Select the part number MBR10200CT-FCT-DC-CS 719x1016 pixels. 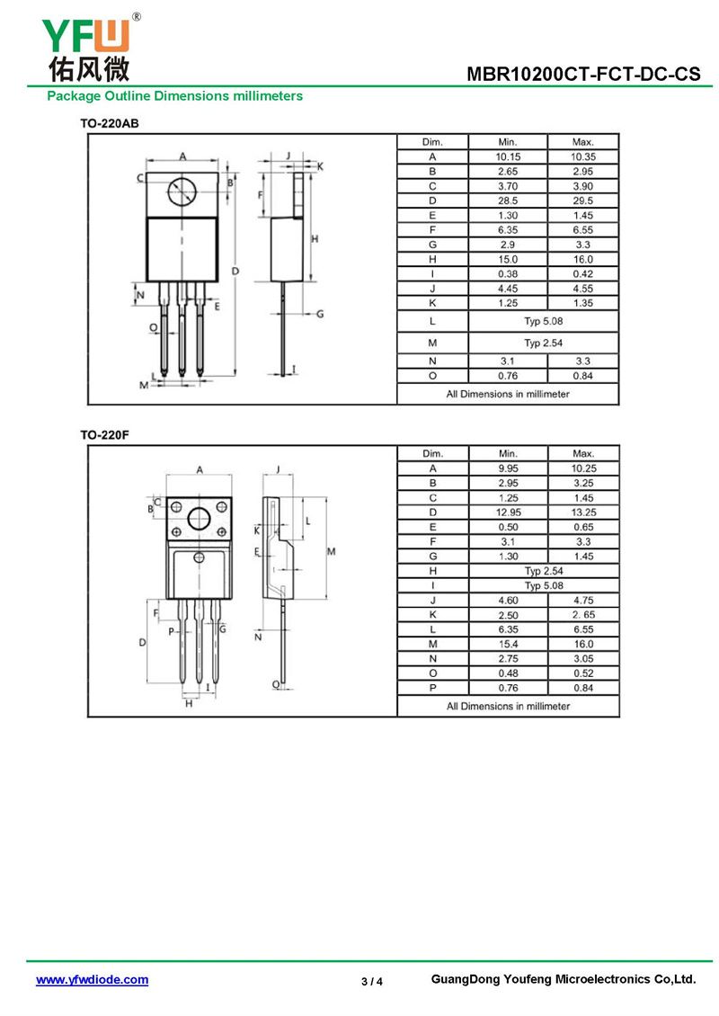(583, 74)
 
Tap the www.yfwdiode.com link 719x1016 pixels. (92, 980)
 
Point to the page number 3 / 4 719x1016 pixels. (372, 982)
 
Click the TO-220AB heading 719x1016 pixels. (110, 123)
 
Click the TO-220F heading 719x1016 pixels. (104, 435)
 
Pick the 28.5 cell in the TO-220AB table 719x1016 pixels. (508, 201)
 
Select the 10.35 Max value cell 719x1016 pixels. (583, 156)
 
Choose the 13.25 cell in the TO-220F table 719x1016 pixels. (583, 512)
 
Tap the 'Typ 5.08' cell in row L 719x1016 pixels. (544, 321)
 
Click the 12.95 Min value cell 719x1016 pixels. (509, 512)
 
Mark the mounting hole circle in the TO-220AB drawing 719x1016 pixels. (182, 192)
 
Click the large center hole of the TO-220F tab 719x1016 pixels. (199, 519)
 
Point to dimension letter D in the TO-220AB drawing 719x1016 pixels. (235, 272)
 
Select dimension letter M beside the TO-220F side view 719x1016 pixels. (331, 551)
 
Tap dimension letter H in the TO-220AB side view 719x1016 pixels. (315, 239)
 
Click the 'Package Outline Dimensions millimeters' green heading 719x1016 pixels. (175, 96)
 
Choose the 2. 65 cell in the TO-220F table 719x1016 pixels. (583, 615)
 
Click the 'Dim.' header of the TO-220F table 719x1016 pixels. (432, 453)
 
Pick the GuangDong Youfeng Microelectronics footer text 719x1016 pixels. (564, 979)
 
